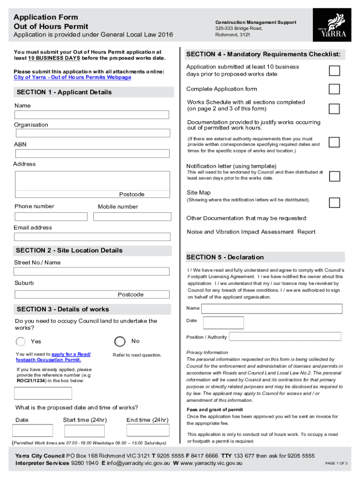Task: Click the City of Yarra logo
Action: click(333, 27)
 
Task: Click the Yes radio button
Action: click(21, 341)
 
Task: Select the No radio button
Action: click(120, 341)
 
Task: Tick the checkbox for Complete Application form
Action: click(334, 89)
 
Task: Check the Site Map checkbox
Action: click(334, 202)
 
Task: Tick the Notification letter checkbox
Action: click(334, 176)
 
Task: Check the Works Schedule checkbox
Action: click(334, 109)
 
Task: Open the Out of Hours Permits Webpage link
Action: click(72, 77)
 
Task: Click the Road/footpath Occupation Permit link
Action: click(53, 357)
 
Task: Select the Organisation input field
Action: click(92, 133)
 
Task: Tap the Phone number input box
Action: click(51, 217)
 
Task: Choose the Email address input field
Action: click(92, 237)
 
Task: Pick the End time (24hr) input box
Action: click(144, 430)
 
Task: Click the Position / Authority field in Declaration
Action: click(285, 336)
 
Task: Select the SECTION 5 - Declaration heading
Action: click(225, 257)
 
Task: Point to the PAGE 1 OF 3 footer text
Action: click(336, 464)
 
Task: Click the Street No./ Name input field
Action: click(92, 271)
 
